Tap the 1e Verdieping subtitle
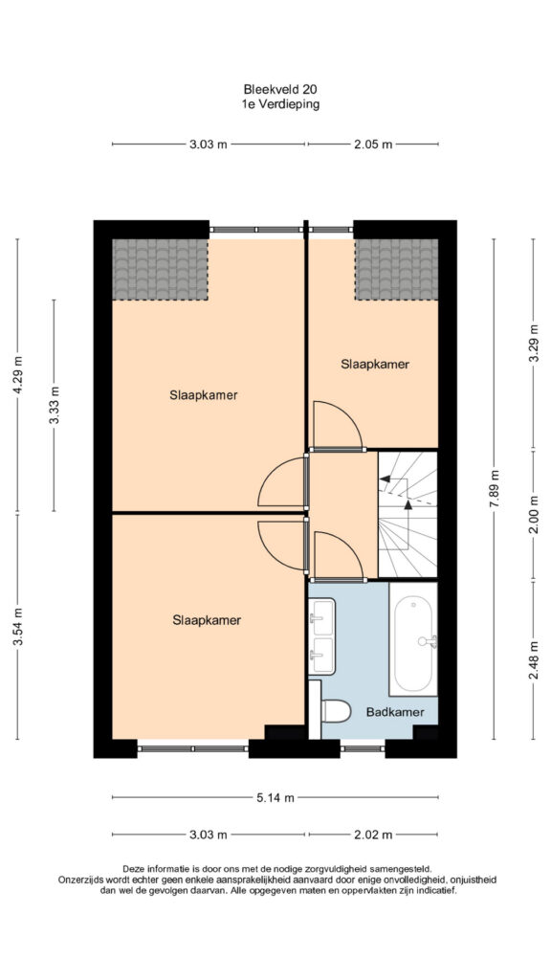[x=280, y=104]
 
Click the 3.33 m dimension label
[x=54, y=405]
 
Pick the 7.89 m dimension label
[x=495, y=491]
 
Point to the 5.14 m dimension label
[x=275, y=797]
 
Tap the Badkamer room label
[x=395, y=712]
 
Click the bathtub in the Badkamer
[x=413, y=638]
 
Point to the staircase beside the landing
[x=408, y=515]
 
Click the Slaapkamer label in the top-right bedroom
[x=375, y=365]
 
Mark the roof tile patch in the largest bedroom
[x=160, y=269]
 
